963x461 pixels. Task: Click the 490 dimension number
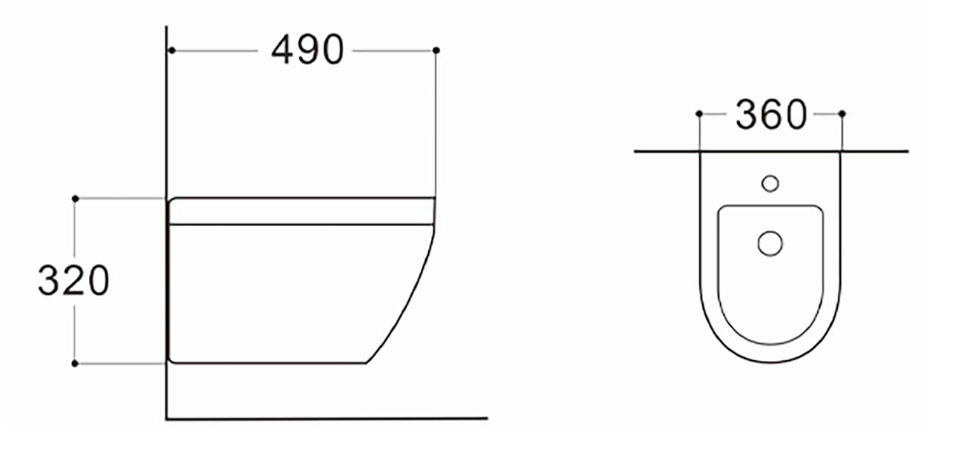pos(308,50)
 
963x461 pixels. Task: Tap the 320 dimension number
pos(73,280)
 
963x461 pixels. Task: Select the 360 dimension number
pos(771,114)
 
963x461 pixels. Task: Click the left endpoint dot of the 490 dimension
pos(172,50)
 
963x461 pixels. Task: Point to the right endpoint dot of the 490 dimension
pos(436,50)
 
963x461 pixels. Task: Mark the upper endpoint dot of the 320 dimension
pos(76,198)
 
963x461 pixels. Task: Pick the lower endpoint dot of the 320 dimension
pos(75,363)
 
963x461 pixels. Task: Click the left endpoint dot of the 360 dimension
pos(699,113)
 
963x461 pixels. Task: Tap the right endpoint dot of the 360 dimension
pos(842,113)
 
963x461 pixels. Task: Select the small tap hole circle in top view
pos(770,184)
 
